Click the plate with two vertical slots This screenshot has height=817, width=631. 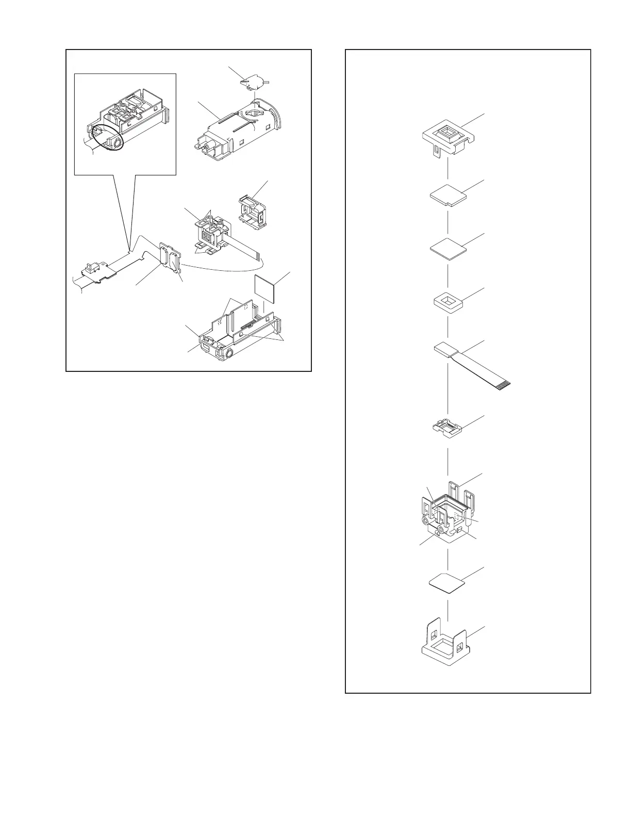pyautogui.click(x=171, y=256)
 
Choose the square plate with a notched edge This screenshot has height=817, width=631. pyautogui.click(x=447, y=196)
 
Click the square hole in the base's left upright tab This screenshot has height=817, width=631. pyautogui.click(x=434, y=634)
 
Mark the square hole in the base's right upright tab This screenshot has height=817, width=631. pyautogui.click(x=460, y=644)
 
